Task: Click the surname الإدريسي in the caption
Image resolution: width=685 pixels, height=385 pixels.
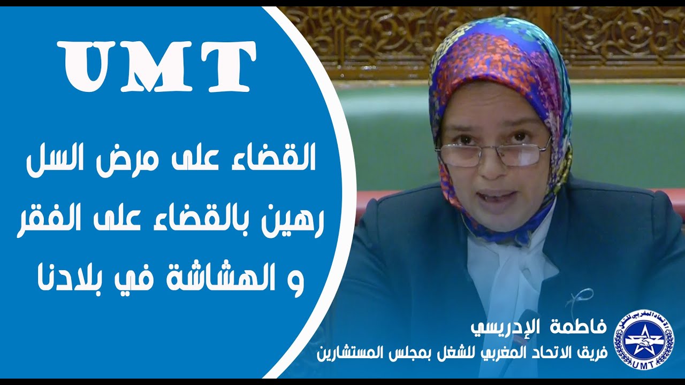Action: (x=508, y=328)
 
